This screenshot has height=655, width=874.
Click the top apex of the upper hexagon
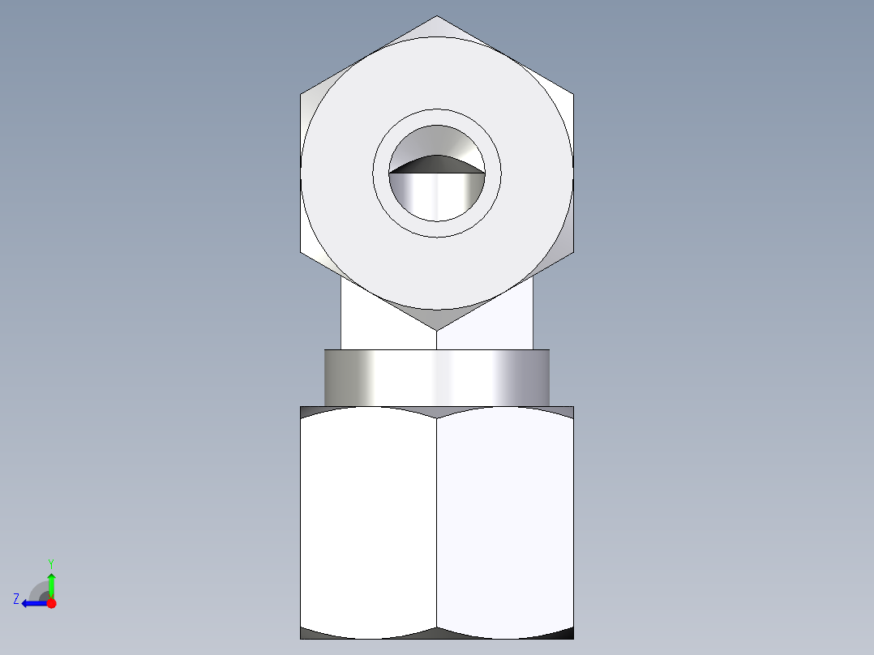[x=437, y=17]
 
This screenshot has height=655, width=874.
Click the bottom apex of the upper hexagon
[x=437, y=329]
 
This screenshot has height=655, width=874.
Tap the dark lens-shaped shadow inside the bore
[x=437, y=164]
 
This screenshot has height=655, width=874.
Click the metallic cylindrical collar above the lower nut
[x=437, y=378]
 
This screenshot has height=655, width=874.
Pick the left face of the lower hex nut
[x=368, y=519]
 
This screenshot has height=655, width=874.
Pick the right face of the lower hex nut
[x=504, y=519]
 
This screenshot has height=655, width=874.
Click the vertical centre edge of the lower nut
[x=437, y=519]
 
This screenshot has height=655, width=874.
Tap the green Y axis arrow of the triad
[x=51, y=584]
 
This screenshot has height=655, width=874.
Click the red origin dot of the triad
[x=51, y=603]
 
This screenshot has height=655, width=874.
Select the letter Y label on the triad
[x=51, y=563]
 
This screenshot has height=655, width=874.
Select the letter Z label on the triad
[x=16, y=598]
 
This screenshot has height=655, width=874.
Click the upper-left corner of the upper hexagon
[x=302, y=94]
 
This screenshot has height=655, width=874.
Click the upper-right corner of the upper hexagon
[x=573, y=94]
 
